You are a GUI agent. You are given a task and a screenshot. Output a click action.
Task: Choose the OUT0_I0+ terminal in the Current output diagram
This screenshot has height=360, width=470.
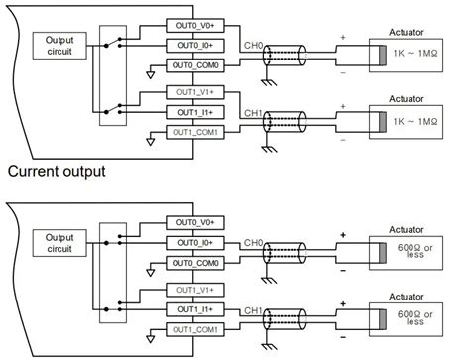click(x=201, y=242)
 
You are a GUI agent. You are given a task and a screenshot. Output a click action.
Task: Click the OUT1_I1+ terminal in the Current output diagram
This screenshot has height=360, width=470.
click(x=201, y=309)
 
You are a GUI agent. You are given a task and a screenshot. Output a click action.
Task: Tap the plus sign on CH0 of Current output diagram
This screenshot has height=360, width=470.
click(x=343, y=236)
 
